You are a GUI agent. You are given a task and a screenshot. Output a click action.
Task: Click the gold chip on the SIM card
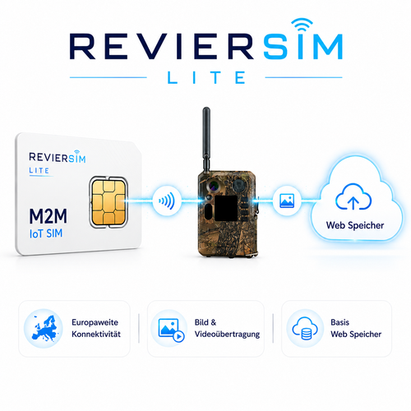(x=109, y=202)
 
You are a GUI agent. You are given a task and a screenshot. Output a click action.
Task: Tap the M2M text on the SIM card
(x=48, y=216)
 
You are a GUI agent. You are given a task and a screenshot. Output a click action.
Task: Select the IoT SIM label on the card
(x=46, y=233)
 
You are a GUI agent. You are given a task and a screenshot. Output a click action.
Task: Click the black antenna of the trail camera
(x=206, y=139)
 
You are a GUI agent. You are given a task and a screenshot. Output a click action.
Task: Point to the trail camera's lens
(x=213, y=186)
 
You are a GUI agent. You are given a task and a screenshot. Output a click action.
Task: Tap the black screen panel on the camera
(x=226, y=208)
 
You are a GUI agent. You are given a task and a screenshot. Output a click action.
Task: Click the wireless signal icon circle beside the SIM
(x=167, y=201)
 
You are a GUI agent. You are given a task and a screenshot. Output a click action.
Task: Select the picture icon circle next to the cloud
(x=287, y=201)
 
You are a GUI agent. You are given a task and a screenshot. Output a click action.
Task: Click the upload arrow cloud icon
(x=353, y=196)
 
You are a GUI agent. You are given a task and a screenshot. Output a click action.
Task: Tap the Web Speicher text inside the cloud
(x=355, y=225)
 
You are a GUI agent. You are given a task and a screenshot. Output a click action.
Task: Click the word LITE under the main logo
(x=206, y=77)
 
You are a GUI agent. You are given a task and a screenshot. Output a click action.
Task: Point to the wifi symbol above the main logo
(x=302, y=24)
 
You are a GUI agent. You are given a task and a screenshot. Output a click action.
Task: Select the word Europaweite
(x=95, y=322)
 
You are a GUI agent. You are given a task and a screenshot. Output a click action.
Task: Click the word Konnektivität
(x=96, y=335)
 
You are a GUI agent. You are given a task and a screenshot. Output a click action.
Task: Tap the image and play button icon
(x=171, y=330)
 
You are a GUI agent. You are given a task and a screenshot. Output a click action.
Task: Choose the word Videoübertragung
(x=227, y=335)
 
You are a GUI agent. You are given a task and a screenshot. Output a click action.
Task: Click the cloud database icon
(x=305, y=328)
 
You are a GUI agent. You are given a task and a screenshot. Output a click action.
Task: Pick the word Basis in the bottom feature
(x=339, y=322)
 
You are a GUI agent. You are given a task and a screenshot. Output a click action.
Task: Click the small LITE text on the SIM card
(x=39, y=171)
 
